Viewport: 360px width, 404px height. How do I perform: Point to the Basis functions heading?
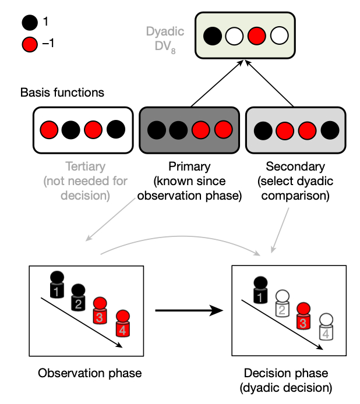coord(62,92)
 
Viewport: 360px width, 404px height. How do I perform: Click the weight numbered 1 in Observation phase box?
coord(56,285)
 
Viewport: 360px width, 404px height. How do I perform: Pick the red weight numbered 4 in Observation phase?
coord(122,325)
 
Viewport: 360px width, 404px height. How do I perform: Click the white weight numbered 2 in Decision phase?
coord(282,304)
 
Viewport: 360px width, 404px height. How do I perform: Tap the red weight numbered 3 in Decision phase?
coord(303,317)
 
